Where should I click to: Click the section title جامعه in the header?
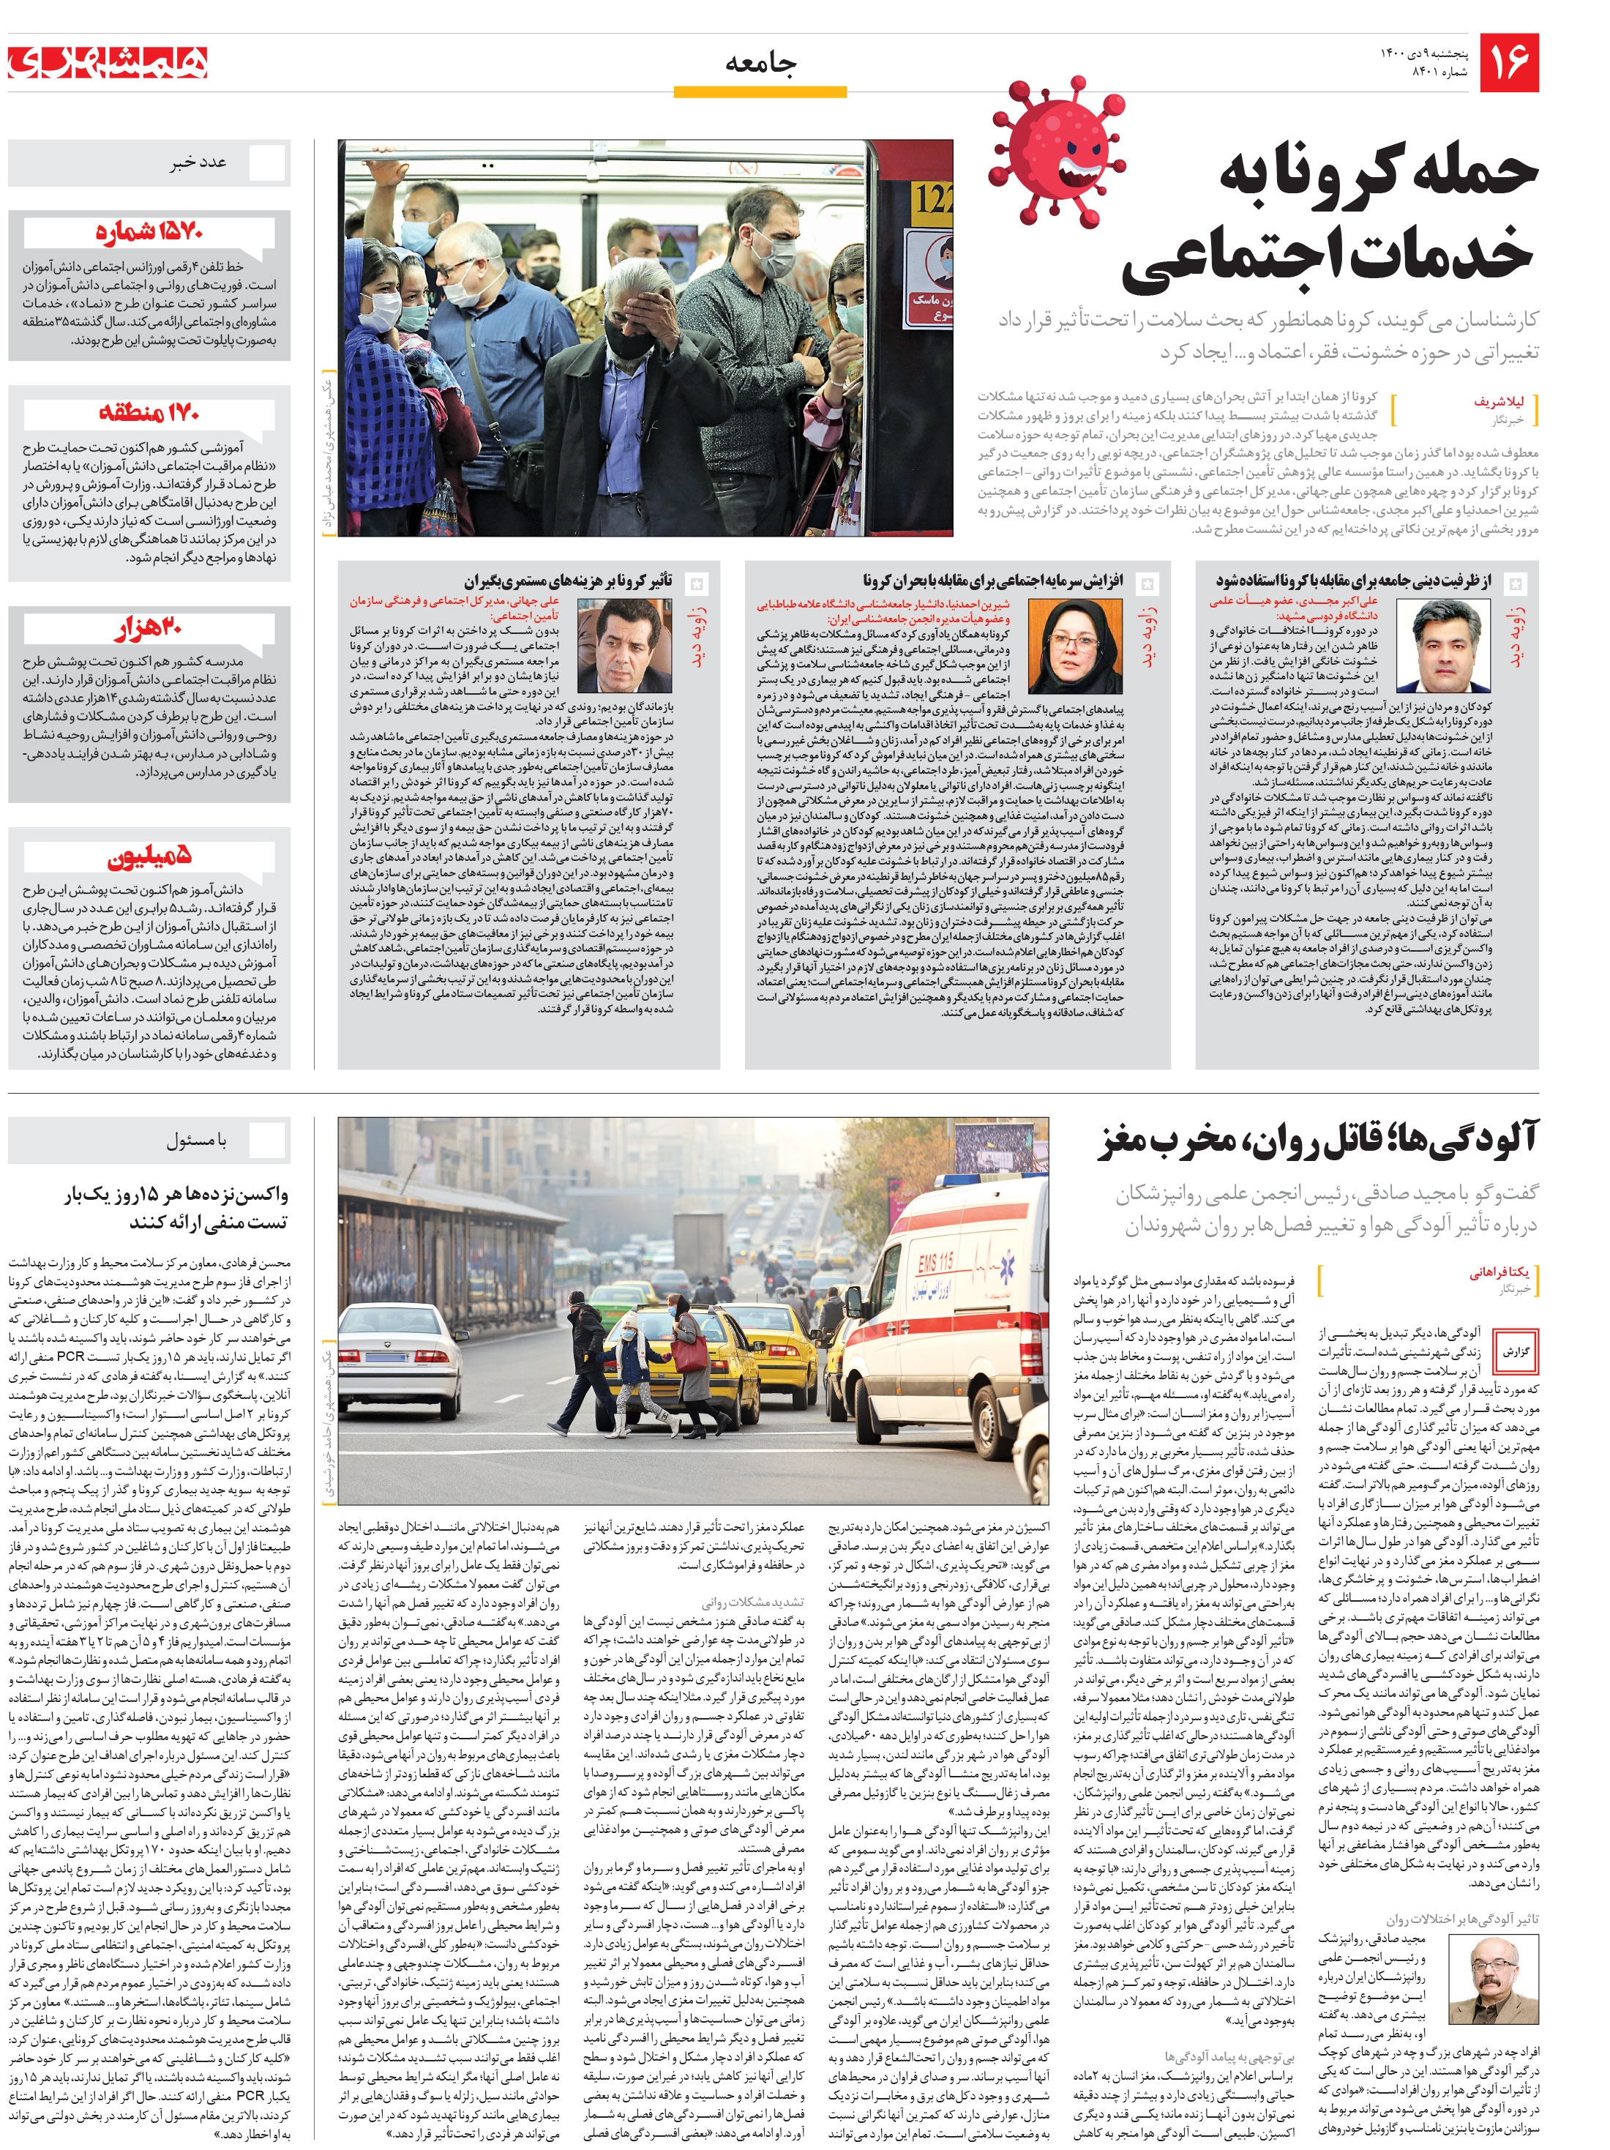pos(761,64)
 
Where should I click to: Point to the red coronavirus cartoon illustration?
pos(1056,149)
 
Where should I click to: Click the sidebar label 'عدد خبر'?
pos(199,163)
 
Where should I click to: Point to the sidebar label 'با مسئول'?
pos(195,1139)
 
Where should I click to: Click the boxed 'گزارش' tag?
pos(1516,1351)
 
